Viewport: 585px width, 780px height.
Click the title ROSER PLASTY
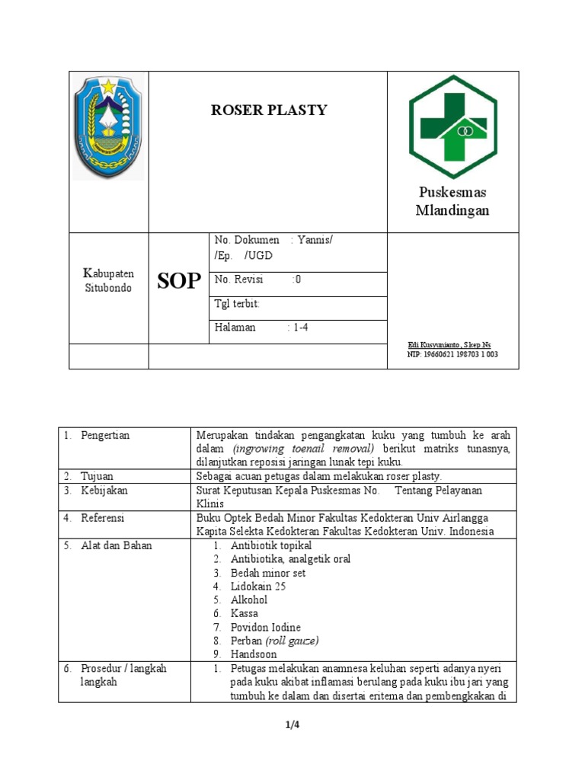[269, 110]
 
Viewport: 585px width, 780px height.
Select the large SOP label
[179, 281]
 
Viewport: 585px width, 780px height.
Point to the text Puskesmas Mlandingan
[452, 201]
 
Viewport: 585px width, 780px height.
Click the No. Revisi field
[258, 280]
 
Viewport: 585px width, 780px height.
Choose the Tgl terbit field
[238, 304]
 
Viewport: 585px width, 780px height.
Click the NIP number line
[452, 355]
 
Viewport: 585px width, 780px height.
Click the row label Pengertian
[104, 435]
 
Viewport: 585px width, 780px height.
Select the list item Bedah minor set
[268, 573]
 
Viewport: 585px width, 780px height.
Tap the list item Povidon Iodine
[266, 628]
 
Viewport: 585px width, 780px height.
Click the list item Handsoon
[254, 654]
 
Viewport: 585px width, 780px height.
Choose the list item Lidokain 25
[258, 587]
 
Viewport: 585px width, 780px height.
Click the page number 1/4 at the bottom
[292, 725]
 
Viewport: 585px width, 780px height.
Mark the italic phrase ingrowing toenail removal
[305, 449]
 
